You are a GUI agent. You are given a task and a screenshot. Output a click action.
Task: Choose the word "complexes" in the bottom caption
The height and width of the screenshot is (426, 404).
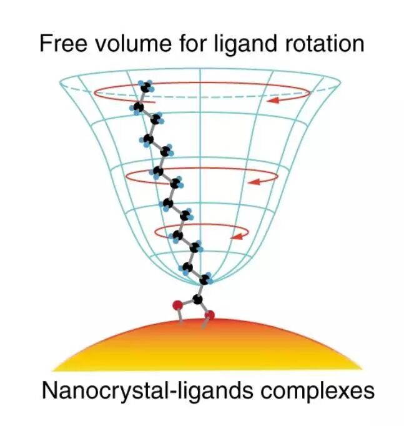[x=315, y=392]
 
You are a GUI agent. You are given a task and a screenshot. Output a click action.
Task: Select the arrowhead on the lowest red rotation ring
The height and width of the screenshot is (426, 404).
[x=235, y=237]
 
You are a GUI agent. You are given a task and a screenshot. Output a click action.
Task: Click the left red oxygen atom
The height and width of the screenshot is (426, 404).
[x=177, y=305]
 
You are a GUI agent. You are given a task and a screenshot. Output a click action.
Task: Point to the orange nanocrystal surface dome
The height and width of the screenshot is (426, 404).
[x=206, y=347]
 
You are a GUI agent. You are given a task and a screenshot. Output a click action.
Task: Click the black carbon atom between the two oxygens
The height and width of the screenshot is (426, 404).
[x=199, y=300]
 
